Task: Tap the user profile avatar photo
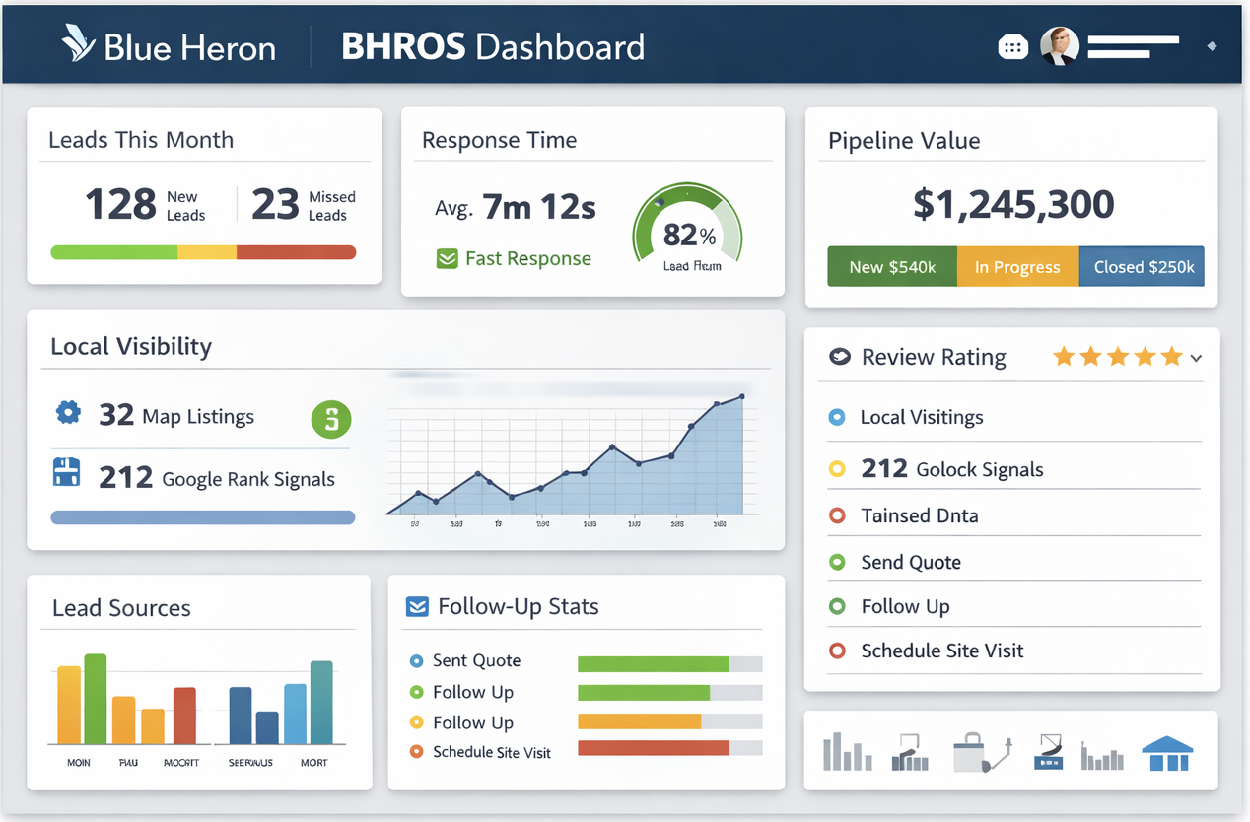[x=1060, y=45]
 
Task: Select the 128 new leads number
[x=120, y=205]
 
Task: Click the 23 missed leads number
[x=275, y=205]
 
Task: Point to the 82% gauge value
[x=689, y=235]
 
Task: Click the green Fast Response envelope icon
[x=447, y=259]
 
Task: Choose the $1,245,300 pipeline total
[x=1012, y=204]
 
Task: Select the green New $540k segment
[x=891, y=267]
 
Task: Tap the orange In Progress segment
[x=1017, y=267]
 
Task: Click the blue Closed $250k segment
[x=1142, y=267]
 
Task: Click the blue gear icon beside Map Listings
[x=68, y=413]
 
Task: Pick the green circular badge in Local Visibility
[x=331, y=420]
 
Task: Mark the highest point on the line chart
[x=741, y=397]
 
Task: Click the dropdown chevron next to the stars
[x=1196, y=359]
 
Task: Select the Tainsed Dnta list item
[x=919, y=515]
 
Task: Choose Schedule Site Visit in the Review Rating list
[x=941, y=651]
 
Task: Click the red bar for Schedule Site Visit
[x=653, y=748]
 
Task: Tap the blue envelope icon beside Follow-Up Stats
[x=417, y=606]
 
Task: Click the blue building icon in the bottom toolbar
[x=1167, y=753]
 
